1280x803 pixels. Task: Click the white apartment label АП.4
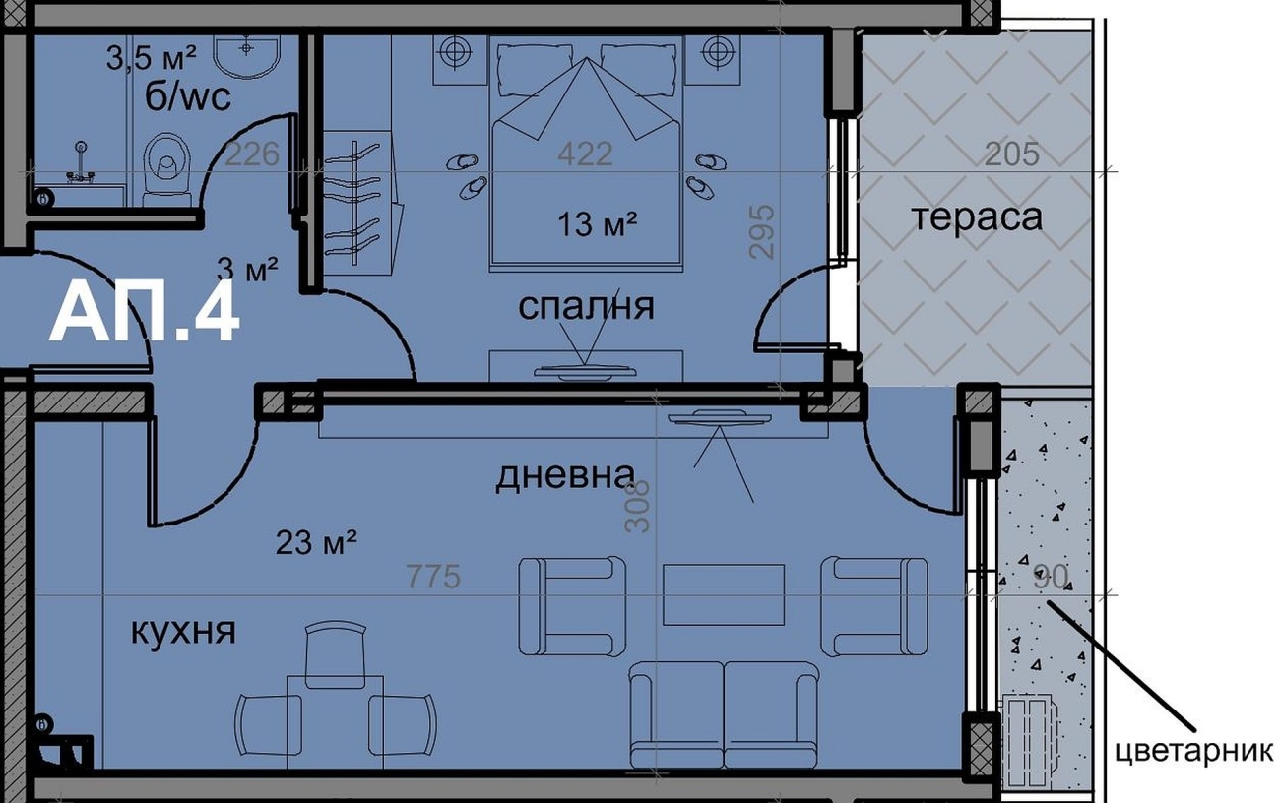coord(144,314)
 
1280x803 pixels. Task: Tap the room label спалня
coord(586,307)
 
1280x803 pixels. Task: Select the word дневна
coord(565,476)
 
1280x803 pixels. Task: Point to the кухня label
coord(183,632)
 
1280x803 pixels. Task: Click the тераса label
coord(977,217)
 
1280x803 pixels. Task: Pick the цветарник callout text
coord(1193,752)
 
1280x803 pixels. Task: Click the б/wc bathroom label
coord(187,97)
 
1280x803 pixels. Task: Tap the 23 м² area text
coord(317,542)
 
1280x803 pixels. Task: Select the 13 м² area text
coord(597,224)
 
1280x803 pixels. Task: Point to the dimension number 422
coord(585,154)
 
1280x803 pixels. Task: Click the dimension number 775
coord(432,577)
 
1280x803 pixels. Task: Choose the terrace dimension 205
coord(1011,154)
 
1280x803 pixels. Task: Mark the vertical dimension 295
coord(762,232)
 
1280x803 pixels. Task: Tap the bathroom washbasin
coord(247,55)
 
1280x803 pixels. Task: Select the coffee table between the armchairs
coord(723,594)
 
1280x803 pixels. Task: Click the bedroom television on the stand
coord(585,372)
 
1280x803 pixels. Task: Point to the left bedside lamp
coord(455,51)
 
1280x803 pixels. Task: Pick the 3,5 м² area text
coord(151,58)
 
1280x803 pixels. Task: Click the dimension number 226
coord(253,154)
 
